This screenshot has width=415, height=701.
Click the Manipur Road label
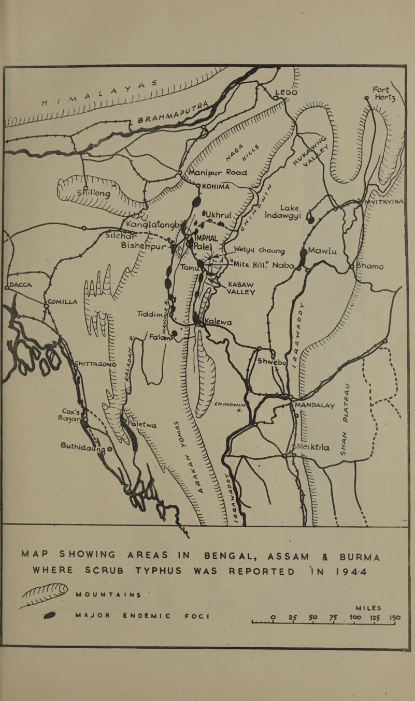click(x=224, y=168)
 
